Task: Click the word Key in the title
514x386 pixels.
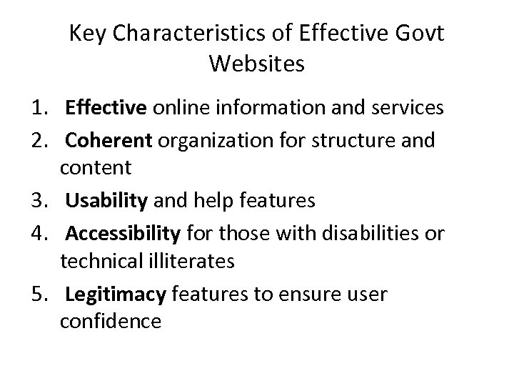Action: tap(86, 34)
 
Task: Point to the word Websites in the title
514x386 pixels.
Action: tap(257, 64)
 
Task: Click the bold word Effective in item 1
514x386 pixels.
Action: tap(106, 109)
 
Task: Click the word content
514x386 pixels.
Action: tap(96, 168)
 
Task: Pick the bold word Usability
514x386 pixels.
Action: tap(105, 202)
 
